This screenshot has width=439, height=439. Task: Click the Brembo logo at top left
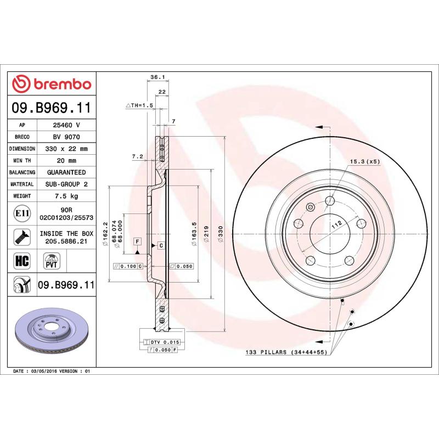(52, 84)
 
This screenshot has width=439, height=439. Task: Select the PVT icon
(51, 260)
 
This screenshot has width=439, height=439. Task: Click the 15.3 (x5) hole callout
(365, 161)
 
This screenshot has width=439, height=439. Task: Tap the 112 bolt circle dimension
(336, 223)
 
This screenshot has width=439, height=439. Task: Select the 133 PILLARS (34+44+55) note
(285, 352)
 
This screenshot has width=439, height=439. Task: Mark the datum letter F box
(137, 241)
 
